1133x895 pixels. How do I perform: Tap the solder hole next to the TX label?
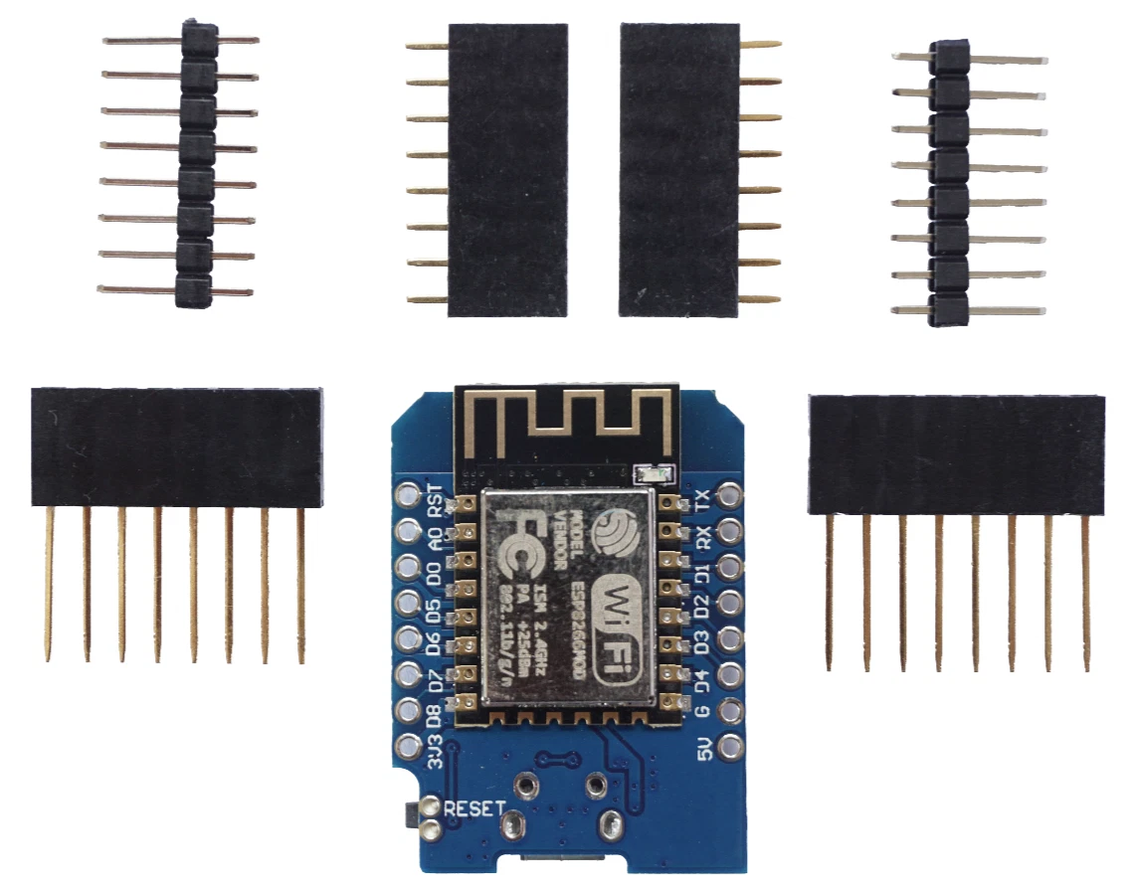729,494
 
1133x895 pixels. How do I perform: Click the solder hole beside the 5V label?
729,745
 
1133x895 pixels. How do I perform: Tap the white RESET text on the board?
474,808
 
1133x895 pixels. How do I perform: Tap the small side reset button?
410,814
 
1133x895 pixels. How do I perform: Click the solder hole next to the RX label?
729,530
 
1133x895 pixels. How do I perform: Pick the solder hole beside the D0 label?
408,567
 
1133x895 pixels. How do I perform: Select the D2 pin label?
703,603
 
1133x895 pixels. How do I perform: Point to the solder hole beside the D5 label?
408,603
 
